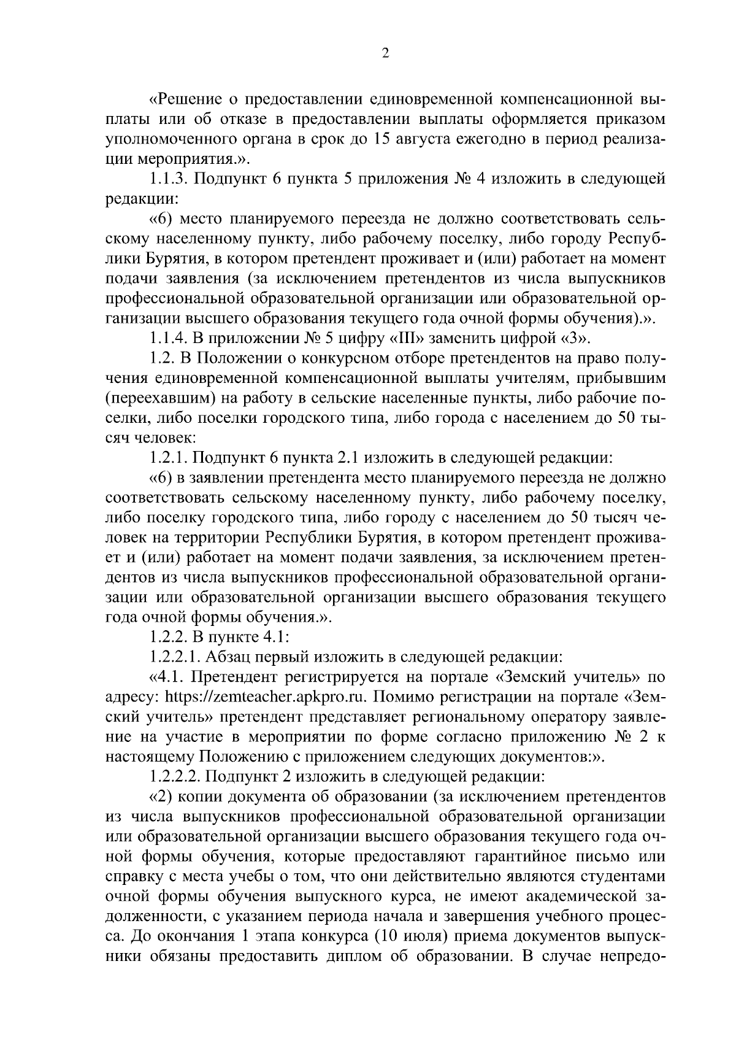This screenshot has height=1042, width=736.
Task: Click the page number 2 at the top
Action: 385,53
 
